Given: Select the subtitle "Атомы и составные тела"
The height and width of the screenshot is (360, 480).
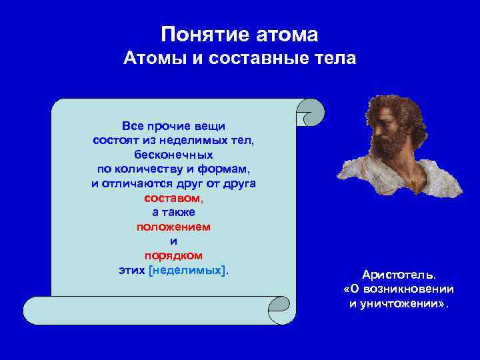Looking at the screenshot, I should click(240, 59).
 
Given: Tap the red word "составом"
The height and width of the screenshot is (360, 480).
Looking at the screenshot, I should click(173, 198).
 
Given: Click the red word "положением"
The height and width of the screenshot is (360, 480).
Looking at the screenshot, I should click(173, 227).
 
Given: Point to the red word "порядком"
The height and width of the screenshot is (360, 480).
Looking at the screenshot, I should click(173, 255).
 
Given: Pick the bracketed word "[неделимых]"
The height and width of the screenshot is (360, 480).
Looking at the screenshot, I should click(188, 270).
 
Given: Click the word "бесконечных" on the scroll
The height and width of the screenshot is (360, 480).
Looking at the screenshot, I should click(173, 154).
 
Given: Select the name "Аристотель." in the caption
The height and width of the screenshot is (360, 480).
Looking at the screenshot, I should click(399, 275).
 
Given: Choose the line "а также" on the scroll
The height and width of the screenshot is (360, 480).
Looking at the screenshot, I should click(173, 212).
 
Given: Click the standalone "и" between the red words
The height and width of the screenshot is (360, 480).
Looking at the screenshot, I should click(173, 241).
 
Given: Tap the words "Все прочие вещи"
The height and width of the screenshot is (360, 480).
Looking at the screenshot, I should click(173, 125).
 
